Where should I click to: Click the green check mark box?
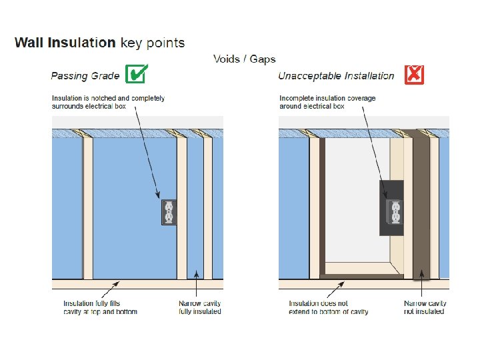click(136, 74)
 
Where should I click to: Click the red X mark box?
click(414, 74)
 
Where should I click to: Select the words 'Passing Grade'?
click(86, 76)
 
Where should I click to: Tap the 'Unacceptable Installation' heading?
click(336, 76)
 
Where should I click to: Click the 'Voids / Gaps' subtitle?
click(244, 59)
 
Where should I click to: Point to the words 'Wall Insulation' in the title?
click(65, 43)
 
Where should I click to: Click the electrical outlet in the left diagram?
click(169, 213)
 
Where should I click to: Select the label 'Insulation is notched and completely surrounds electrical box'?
click(108, 102)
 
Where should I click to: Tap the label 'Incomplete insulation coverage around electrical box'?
click(327, 102)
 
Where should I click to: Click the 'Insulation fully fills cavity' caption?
click(100, 307)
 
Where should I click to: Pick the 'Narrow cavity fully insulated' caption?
click(200, 307)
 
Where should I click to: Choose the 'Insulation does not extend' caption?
click(328, 307)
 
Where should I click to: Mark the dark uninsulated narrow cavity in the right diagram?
click(421, 207)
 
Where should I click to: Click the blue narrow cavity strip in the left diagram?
click(195, 207)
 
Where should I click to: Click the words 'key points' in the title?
click(153, 43)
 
